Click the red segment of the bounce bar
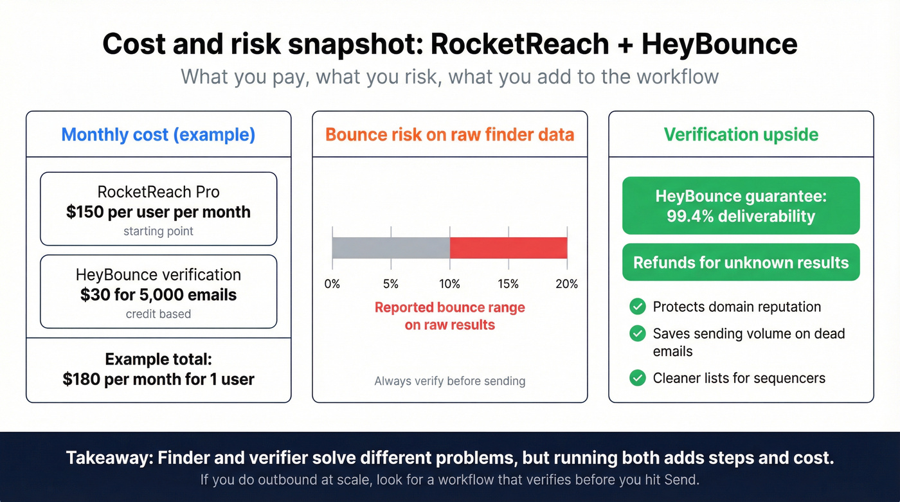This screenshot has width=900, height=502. [508, 247]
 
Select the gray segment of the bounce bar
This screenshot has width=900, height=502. [391, 247]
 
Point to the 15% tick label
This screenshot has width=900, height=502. [508, 283]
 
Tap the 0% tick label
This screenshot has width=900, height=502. [332, 283]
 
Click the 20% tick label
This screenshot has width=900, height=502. [566, 283]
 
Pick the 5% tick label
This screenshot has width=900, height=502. [391, 283]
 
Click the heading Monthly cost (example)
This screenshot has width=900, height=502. [158, 135]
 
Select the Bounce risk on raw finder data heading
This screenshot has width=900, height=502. [449, 135]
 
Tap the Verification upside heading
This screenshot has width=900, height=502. [741, 135]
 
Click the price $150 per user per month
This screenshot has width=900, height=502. [158, 212]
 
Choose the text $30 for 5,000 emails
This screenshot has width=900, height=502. [158, 295]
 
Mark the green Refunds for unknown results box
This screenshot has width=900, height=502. [741, 262]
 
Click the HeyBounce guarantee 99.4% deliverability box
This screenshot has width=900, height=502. [741, 206]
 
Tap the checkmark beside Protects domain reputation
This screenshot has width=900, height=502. [637, 307]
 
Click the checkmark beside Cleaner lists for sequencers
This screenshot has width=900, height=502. [637, 378]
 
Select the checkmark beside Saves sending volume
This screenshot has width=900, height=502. [637, 334]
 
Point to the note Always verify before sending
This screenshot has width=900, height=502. [449, 381]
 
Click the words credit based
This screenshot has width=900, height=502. [158, 314]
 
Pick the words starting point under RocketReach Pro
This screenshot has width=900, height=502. [158, 231]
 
